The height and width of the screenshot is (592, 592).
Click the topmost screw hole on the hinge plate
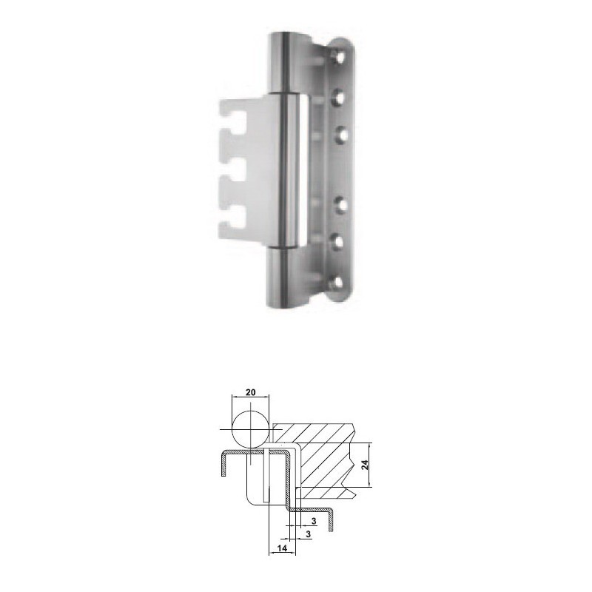pyautogui.click(x=340, y=57)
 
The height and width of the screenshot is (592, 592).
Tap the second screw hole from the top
pyautogui.click(x=340, y=98)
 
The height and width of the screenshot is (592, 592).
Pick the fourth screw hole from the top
pyautogui.click(x=340, y=204)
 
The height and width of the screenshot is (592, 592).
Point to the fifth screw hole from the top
pyautogui.click(x=339, y=242)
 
